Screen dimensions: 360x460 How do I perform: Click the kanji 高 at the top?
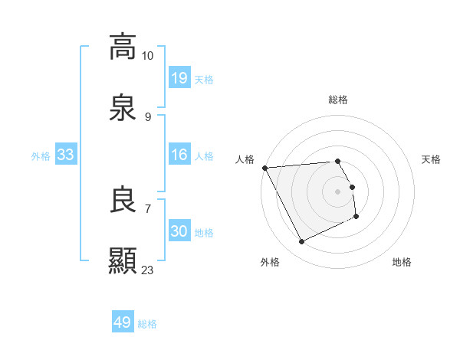coord(123,47)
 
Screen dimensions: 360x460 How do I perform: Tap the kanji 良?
coord(123,200)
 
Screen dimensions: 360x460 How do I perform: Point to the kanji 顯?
coord(123,261)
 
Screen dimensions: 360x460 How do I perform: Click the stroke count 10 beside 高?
coord(148,55)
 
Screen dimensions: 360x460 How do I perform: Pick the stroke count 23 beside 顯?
coord(148,270)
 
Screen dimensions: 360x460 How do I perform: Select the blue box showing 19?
coord(179,77)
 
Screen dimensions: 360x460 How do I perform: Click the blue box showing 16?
coord(179,155)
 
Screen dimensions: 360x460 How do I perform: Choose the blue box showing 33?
coord(66,155)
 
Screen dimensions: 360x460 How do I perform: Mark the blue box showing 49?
coord(123,322)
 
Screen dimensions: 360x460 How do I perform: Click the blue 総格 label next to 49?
coord(147,324)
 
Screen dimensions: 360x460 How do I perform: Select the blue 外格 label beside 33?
coord(41,156)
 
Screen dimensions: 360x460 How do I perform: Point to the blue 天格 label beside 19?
coord(204,79)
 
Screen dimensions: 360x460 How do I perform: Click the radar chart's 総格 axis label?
coord(338,100)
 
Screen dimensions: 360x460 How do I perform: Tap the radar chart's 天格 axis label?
coord(432,159)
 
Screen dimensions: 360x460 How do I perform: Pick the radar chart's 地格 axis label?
coord(402,262)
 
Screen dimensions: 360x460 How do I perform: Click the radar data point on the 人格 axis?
coord(264,168)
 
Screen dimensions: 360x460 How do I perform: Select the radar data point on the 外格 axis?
coord(301,242)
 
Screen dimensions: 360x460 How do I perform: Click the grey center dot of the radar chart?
coord(338,191)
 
